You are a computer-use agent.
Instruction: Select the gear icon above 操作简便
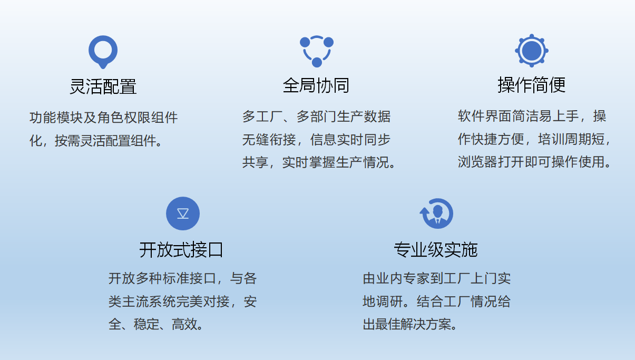pos(532,51)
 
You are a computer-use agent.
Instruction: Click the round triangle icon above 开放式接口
pos(183,213)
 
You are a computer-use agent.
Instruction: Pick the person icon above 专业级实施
pos(436,213)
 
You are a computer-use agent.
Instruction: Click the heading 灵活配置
pos(103,86)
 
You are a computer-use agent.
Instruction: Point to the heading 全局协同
pos(316,85)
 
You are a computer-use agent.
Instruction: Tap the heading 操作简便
pos(532,85)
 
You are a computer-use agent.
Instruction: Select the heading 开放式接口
pos(181,250)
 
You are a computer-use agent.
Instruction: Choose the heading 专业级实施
pos(436,250)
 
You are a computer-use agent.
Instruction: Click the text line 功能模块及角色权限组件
pos(104,118)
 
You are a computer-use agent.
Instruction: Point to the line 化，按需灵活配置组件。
pos(96,141)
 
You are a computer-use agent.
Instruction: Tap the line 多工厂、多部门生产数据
pos(317,116)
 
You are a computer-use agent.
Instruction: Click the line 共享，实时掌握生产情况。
pos(319,162)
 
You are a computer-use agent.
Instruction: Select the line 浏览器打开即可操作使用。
pos(534,162)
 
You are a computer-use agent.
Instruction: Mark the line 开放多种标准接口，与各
pos(182,278)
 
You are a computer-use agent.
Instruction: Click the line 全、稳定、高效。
pos(156,324)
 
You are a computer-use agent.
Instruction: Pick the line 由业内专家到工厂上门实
pos(437,278)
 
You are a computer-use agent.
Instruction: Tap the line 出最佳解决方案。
pos(410,324)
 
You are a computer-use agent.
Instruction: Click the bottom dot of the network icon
pos(317,62)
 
